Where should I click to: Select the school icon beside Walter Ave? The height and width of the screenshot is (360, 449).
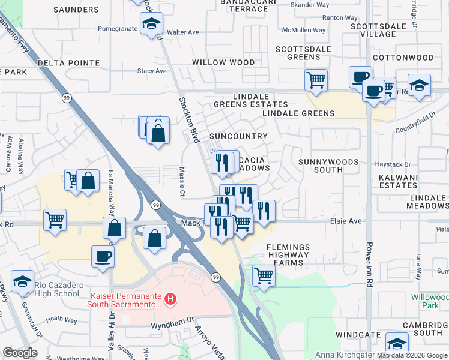[152, 25]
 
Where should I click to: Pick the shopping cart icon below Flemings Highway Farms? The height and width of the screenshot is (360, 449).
[264, 275]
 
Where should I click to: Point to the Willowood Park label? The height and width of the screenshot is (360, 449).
[429, 301]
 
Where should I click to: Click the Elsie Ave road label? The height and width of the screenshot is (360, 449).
[346, 221]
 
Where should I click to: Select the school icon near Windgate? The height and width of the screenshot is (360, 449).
[396, 343]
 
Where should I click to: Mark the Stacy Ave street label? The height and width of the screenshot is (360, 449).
[152, 71]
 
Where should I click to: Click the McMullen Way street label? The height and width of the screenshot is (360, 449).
[304, 30]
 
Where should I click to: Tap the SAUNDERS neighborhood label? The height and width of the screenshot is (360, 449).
[76, 10]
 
